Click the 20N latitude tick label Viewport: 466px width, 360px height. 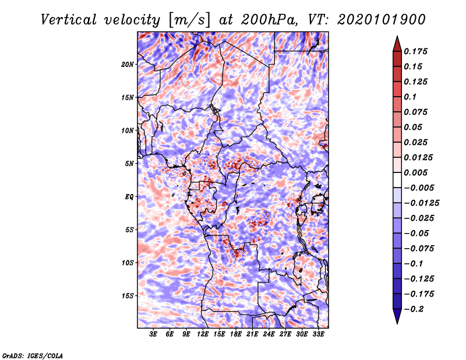tap(127, 65)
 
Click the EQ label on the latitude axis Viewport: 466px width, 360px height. tap(129, 197)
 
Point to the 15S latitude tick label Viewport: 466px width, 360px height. tap(127, 296)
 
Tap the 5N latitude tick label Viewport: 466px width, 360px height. tap(129, 164)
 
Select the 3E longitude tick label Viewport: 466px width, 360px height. tap(153, 334)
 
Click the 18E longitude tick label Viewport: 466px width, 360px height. tap(235, 334)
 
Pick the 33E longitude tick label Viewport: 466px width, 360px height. tap(318, 334)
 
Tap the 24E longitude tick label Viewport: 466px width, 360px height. tap(269, 334)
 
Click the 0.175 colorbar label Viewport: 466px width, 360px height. tap(415, 51)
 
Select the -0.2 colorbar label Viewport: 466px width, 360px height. tap(414, 309)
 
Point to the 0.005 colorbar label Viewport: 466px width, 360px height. tap(415, 172)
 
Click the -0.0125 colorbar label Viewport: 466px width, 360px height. tap(421, 203)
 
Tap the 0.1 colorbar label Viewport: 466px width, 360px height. tap(410, 97)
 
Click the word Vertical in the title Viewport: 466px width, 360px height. tap(69, 20)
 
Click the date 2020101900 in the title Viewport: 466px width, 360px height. tap(381, 20)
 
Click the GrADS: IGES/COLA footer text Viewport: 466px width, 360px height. tap(33, 356)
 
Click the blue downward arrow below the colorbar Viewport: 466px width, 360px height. tap(397, 316)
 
